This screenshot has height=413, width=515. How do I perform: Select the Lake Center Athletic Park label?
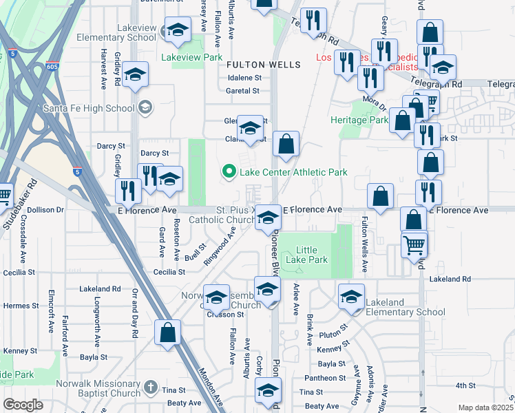point(292,172)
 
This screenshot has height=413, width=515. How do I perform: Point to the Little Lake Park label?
point(312,255)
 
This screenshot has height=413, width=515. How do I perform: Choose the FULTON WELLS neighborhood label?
point(264,65)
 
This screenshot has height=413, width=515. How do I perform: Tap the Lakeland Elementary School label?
point(406,307)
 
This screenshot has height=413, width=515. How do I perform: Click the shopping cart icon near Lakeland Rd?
point(414,244)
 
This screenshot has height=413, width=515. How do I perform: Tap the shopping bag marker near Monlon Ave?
point(168,333)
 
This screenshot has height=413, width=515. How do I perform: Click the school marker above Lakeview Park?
point(178,30)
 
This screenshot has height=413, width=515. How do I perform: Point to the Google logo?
point(23,405)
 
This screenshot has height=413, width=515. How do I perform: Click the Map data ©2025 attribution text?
point(485,407)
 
